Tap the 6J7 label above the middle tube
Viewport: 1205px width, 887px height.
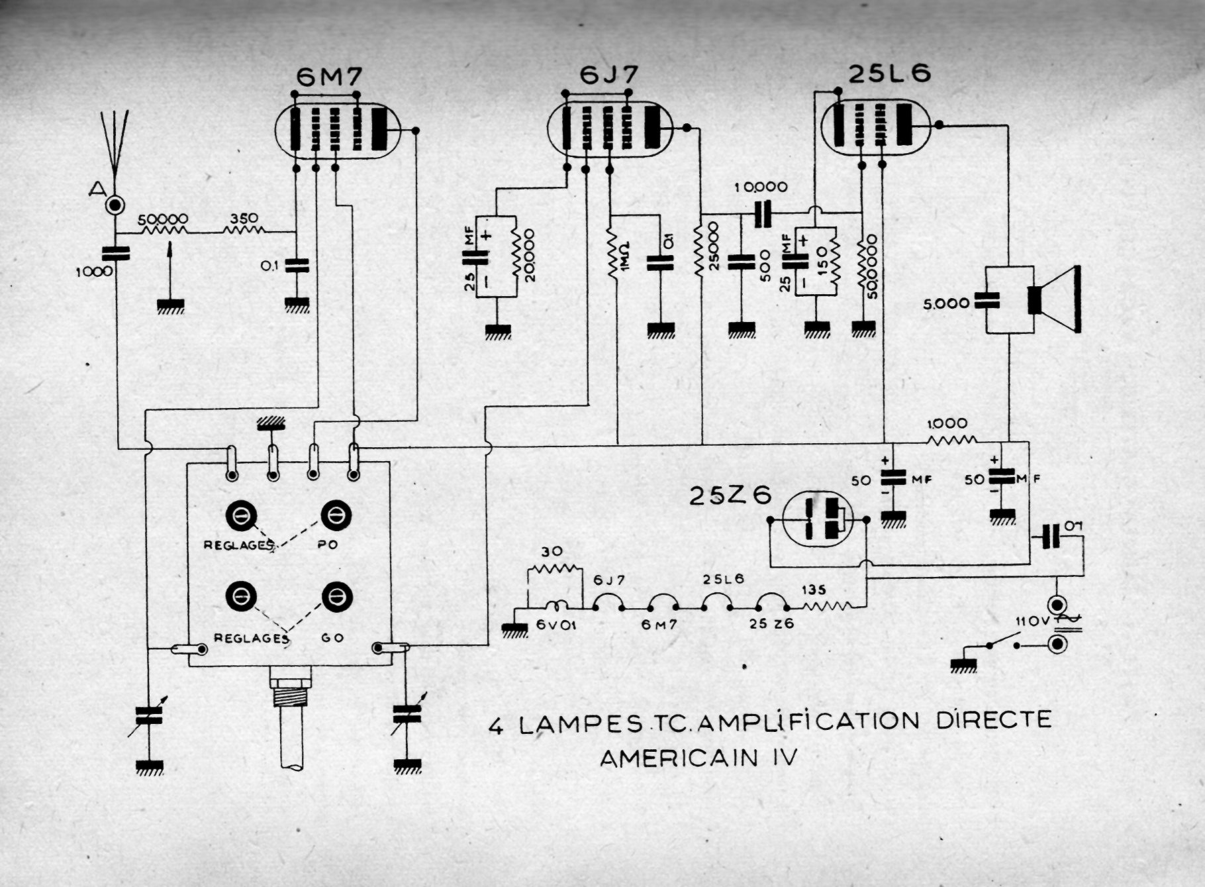tap(608, 76)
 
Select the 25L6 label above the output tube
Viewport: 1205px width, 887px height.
tap(889, 74)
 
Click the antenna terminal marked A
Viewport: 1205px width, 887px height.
tap(115, 204)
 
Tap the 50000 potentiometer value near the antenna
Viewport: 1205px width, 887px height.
tap(162, 219)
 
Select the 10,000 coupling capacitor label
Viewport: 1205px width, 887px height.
tap(761, 187)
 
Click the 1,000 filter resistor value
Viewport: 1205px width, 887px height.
tap(947, 424)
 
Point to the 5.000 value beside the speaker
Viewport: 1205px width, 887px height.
tap(946, 303)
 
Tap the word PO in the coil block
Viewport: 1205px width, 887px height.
tap(327, 545)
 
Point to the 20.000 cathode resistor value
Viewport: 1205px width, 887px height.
tap(529, 256)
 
